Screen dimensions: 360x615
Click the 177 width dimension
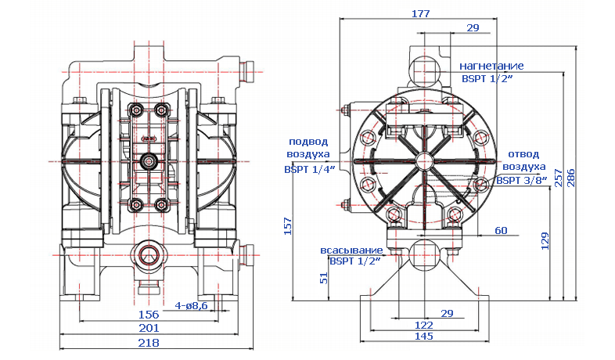[x=420, y=13]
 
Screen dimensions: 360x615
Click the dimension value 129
[x=545, y=240]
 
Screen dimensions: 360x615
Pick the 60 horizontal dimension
[x=501, y=230]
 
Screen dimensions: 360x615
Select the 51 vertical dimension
[x=324, y=278]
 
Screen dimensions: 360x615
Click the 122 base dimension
[x=423, y=325]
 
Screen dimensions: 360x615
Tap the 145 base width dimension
[x=423, y=337]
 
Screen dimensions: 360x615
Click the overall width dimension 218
[x=149, y=342]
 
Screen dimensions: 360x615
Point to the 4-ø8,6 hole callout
[x=192, y=305]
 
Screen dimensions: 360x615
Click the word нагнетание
[x=491, y=66]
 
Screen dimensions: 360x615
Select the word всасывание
[x=351, y=251]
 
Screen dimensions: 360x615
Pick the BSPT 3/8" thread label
[x=522, y=180]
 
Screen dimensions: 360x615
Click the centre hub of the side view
[x=424, y=161]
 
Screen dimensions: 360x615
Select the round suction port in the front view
[x=148, y=254]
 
